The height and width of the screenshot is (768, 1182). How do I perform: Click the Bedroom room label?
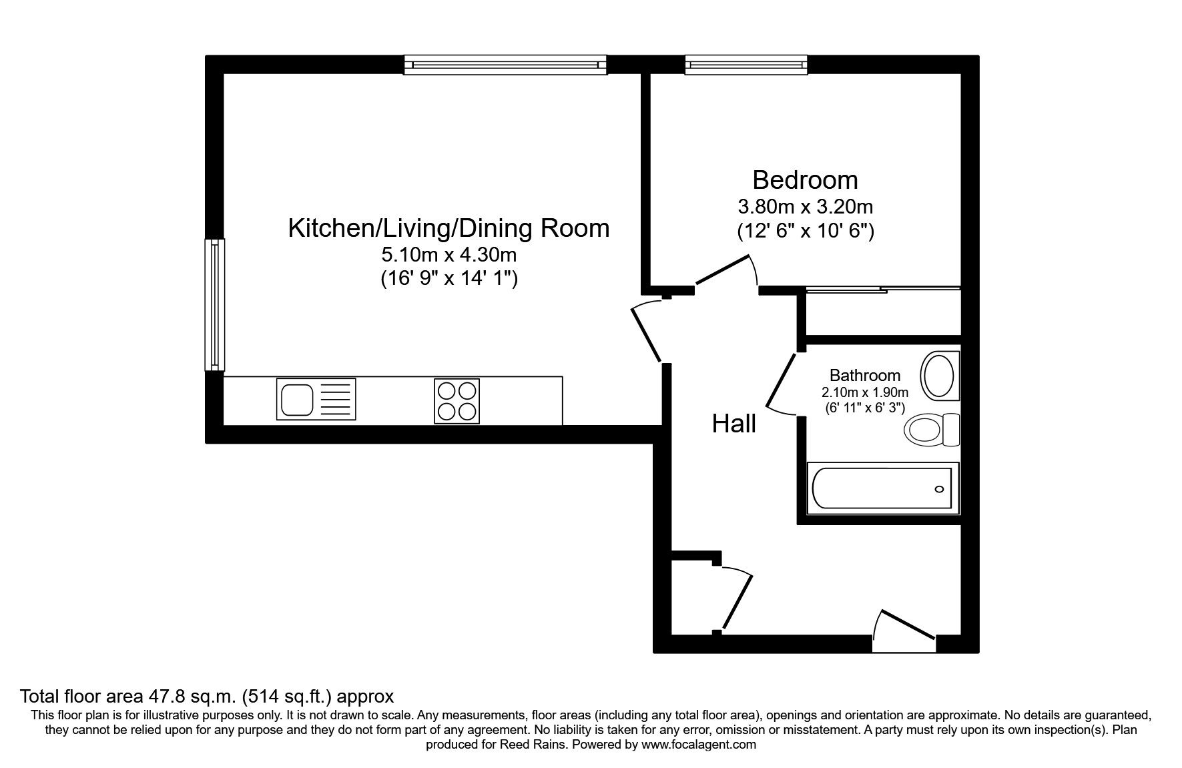805,180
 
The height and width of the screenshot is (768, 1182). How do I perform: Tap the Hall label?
734,424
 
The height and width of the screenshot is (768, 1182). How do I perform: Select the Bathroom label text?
865,376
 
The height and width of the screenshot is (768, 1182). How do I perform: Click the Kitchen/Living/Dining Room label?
449,228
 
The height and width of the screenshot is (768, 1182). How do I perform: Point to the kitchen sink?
316,399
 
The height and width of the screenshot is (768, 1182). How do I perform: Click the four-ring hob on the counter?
457,400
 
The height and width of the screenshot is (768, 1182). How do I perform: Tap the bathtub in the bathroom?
883,488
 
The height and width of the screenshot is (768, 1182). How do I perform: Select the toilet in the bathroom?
932,430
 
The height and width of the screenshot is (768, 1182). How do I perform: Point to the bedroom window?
746,65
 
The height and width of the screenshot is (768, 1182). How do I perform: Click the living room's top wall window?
505,65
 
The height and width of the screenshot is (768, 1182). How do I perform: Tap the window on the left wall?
214,304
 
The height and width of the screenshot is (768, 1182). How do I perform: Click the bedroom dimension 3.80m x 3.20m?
805,206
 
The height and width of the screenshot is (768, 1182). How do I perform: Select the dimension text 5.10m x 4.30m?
449,254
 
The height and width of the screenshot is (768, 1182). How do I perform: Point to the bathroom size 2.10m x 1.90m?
865,392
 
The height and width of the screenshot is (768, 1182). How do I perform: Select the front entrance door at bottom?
904,630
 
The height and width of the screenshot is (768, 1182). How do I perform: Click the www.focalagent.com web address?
699,744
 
